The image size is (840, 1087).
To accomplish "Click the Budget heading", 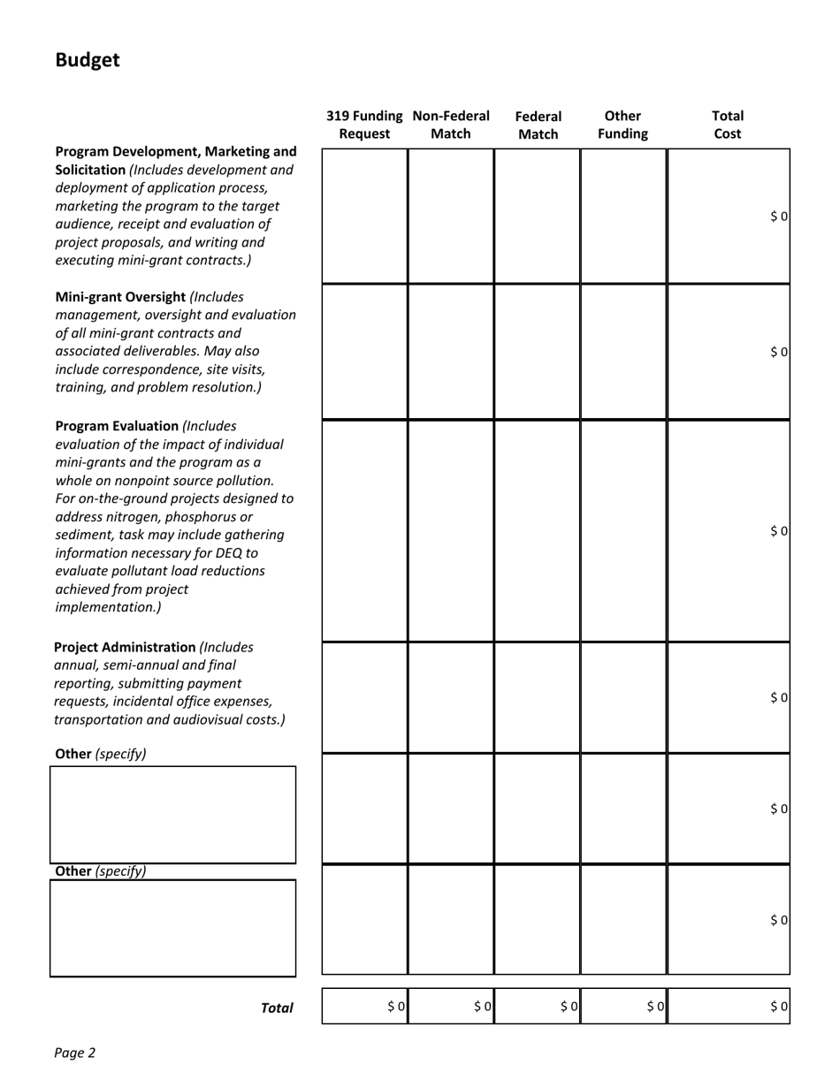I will pos(87,60).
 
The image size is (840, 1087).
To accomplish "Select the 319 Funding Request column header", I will pos(364,125).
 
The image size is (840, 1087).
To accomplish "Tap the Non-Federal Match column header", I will pos(451,125).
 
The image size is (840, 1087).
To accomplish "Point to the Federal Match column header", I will pos(538,125).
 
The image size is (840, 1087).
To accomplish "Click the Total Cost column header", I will pos(727,125).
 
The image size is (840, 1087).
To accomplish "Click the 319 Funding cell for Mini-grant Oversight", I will pos(364,352).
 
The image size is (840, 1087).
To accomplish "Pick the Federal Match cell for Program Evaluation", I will pos(538,530).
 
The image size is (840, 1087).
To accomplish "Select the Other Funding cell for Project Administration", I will pos(623,697).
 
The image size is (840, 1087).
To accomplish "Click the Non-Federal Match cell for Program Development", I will pos(451,216).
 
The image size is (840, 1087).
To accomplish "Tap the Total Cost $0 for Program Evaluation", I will pos(778,530).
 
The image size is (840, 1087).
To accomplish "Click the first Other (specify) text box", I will pos(172,814).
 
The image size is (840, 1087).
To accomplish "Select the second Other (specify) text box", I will pos(172,927).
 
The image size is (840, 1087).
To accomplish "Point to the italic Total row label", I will pos(277,1007).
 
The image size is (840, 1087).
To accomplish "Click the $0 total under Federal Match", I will pos(569,1006).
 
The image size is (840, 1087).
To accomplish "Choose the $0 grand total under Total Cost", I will pos(778,1006).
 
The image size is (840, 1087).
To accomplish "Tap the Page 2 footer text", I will pos(74,1053).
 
